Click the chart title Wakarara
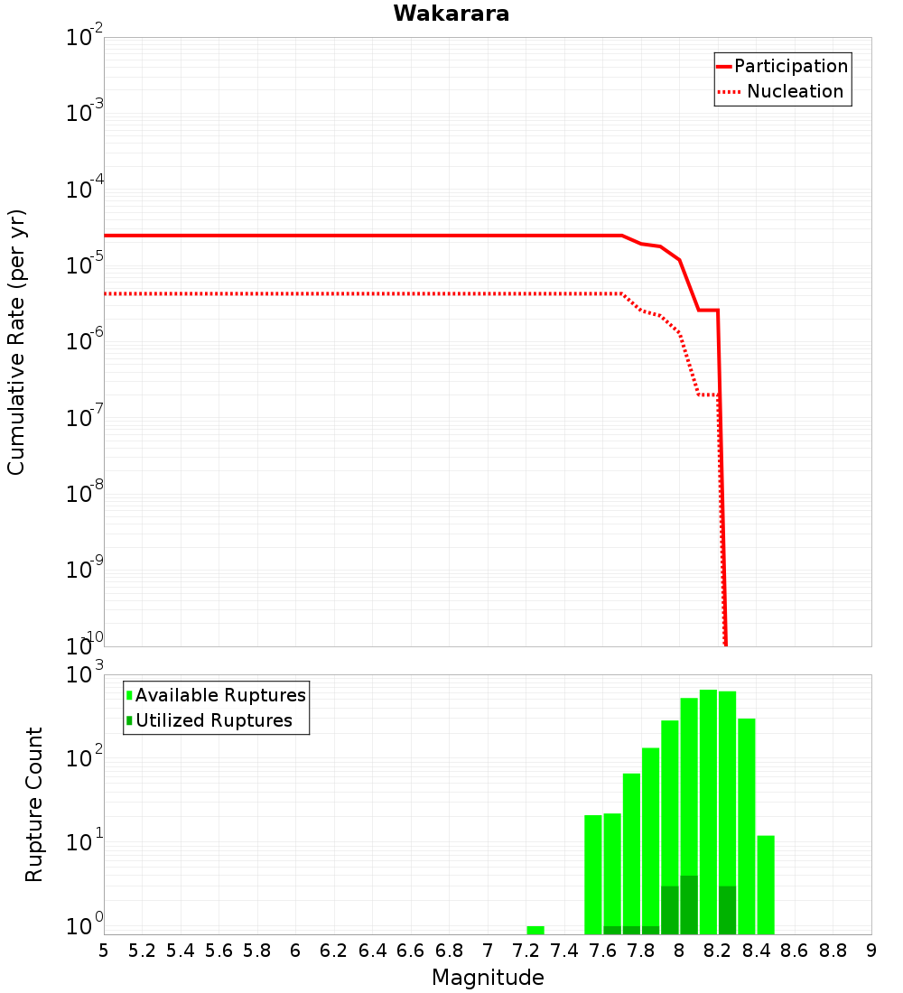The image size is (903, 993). tap(451, 14)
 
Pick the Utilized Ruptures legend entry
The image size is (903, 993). tap(213, 720)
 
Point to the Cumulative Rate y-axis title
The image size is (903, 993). tap(16, 342)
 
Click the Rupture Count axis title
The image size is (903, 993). tap(34, 804)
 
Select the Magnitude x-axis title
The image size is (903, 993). tap(488, 978)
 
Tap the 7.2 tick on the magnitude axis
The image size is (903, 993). tap(526, 951)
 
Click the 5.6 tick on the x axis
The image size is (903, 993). tap(219, 951)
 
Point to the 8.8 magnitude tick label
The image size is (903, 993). tap(833, 951)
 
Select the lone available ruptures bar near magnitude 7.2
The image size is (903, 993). tap(535, 930)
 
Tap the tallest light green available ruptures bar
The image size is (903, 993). tap(708, 812)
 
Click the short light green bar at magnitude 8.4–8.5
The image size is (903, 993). tap(766, 885)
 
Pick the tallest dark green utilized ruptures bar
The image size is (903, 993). tap(689, 905)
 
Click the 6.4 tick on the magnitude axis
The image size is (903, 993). tap(372, 951)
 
